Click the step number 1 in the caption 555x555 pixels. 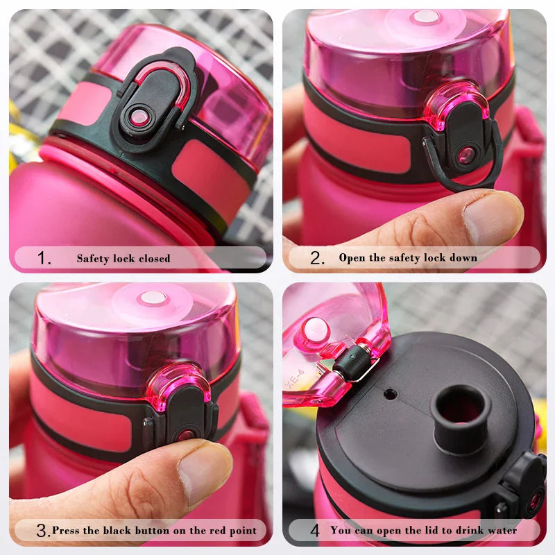44,259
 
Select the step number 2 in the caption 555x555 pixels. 318,258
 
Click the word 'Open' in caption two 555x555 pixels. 352,257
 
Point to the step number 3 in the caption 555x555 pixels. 42,531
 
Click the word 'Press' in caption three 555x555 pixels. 67,531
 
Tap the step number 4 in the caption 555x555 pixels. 314,531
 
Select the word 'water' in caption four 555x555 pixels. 501,531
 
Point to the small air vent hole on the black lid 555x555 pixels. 391,394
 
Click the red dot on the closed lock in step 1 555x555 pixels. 139,117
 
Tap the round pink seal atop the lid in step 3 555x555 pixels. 152,299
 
